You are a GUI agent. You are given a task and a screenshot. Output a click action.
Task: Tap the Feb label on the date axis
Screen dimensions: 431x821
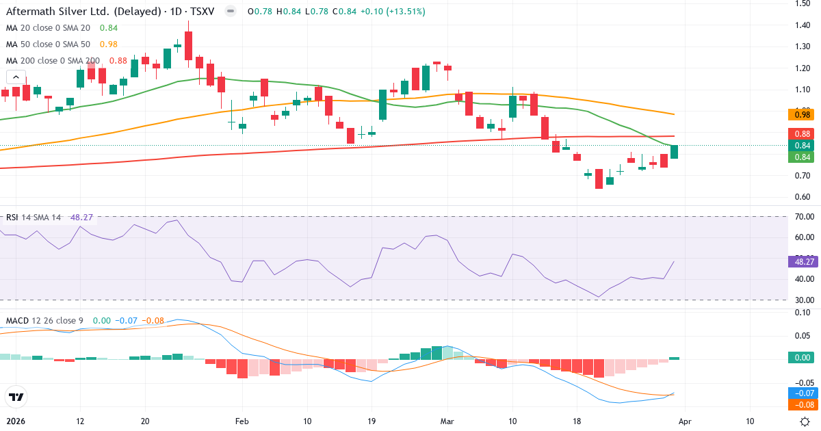click(x=241, y=421)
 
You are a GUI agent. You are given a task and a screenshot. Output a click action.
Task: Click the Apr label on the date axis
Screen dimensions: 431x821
click(x=686, y=421)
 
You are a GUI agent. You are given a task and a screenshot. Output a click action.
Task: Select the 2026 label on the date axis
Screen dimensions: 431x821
click(x=16, y=421)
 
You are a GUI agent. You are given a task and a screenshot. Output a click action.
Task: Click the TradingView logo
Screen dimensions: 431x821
click(x=16, y=397)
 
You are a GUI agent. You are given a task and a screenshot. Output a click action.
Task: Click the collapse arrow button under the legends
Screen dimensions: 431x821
click(x=16, y=78)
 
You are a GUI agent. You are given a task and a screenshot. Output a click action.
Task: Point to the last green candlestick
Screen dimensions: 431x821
click(x=674, y=152)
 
